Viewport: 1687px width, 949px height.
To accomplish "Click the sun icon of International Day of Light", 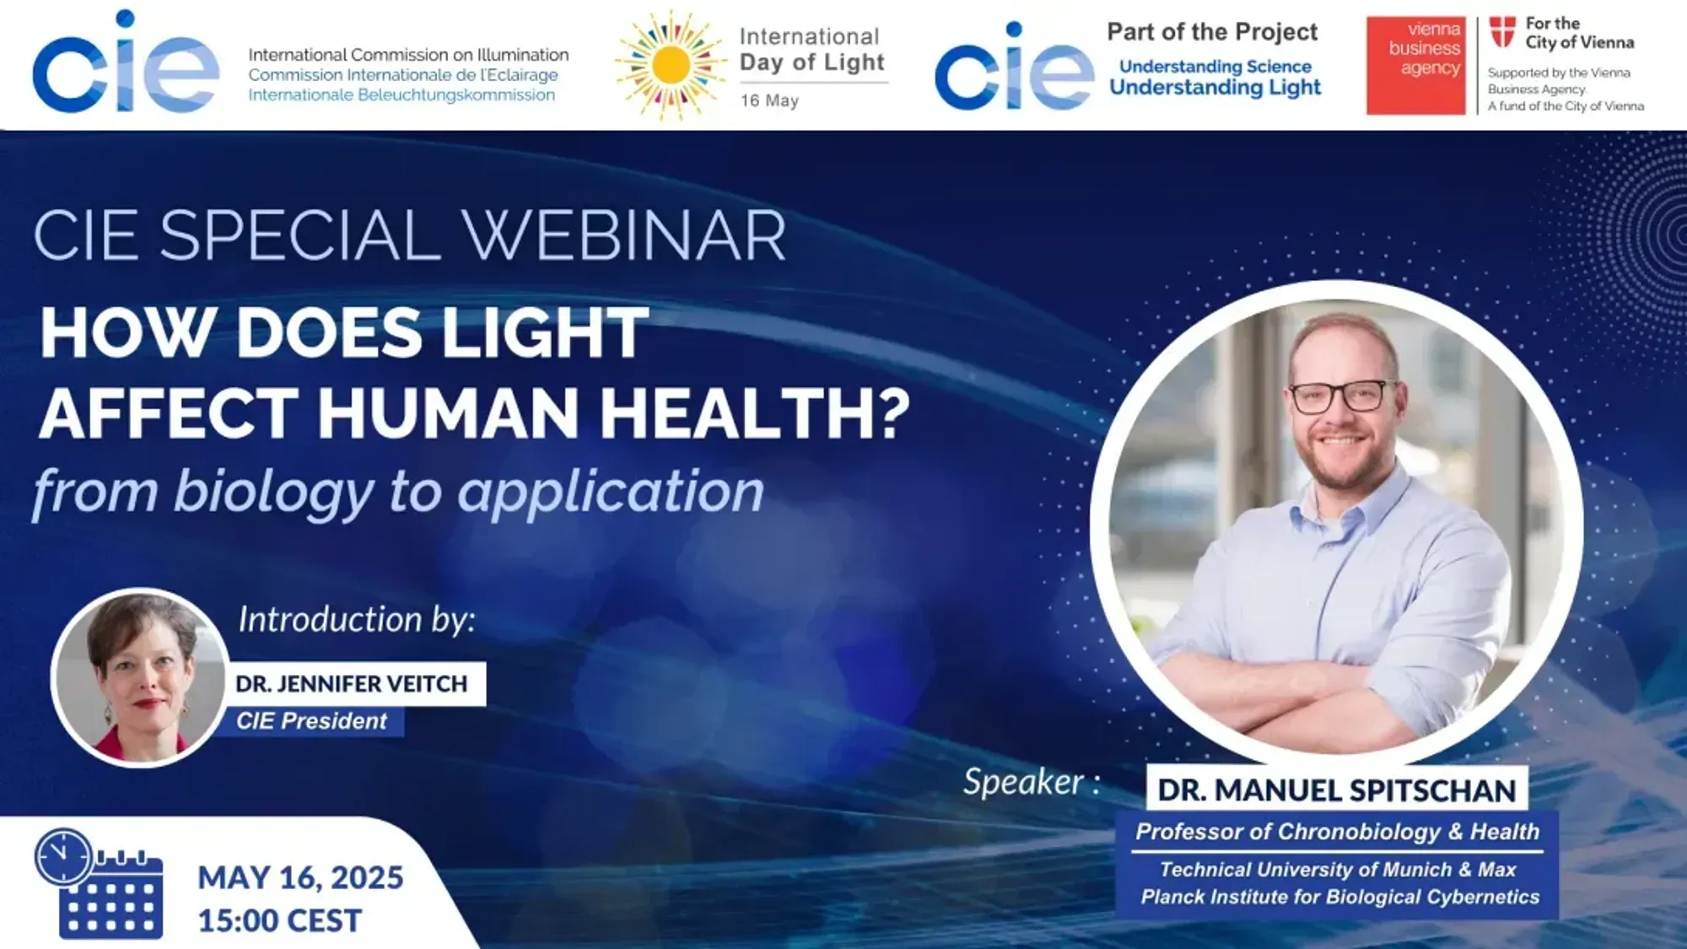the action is [x=671, y=65].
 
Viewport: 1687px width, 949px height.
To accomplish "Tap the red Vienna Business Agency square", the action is [x=1415, y=65].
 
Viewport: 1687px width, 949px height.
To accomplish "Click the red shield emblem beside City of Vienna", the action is [x=1502, y=32].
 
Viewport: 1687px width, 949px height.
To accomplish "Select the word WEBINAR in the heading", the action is [x=624, y=235].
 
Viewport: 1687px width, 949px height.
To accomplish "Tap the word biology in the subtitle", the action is [x=273, y=492].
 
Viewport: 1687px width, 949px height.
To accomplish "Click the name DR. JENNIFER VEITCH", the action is [x=351, y=683].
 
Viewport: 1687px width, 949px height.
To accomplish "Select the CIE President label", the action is [x=311, y=720].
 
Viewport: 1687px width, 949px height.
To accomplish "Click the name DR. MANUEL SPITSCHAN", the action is [x=1337, y=790].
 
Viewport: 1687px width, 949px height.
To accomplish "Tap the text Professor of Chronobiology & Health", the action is [x=1338, y=832].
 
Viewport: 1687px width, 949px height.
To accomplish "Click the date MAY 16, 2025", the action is [x=300, y=877].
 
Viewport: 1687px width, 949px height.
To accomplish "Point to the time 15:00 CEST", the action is [x=280, y=920].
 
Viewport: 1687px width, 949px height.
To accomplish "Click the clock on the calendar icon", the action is [x=63, y=856].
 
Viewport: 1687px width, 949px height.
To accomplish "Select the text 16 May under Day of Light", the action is [x=769, y=100].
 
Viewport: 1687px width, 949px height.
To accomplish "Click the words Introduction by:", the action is [x=357, y=619].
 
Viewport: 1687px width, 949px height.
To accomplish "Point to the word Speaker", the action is [x=1024, y=782].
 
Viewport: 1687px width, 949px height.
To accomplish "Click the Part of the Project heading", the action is [x=1212, y=32].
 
